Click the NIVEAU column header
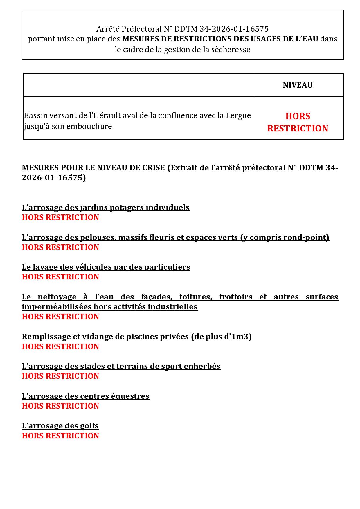(x=298, y=85)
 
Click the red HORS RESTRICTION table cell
(x=298, y=122)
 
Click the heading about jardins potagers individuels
(x=105, y=207)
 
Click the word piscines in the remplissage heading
(x=140, y=337)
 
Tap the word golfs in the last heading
(x=89, y=426)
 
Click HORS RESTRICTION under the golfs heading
(x=60, y=436)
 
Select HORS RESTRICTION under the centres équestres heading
(x=60, y=406)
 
